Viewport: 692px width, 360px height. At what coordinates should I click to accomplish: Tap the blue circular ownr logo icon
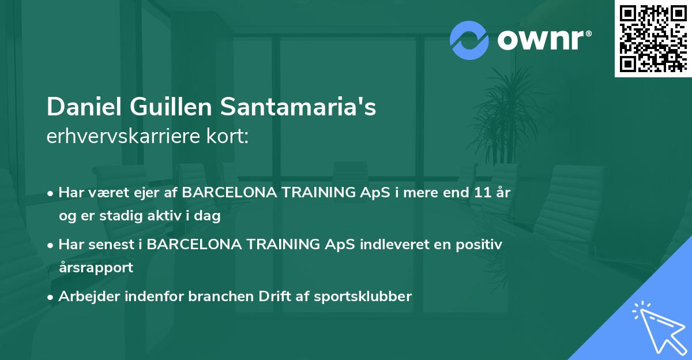point(469,40)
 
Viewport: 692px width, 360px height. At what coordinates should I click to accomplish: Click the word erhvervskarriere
point(120,137)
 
